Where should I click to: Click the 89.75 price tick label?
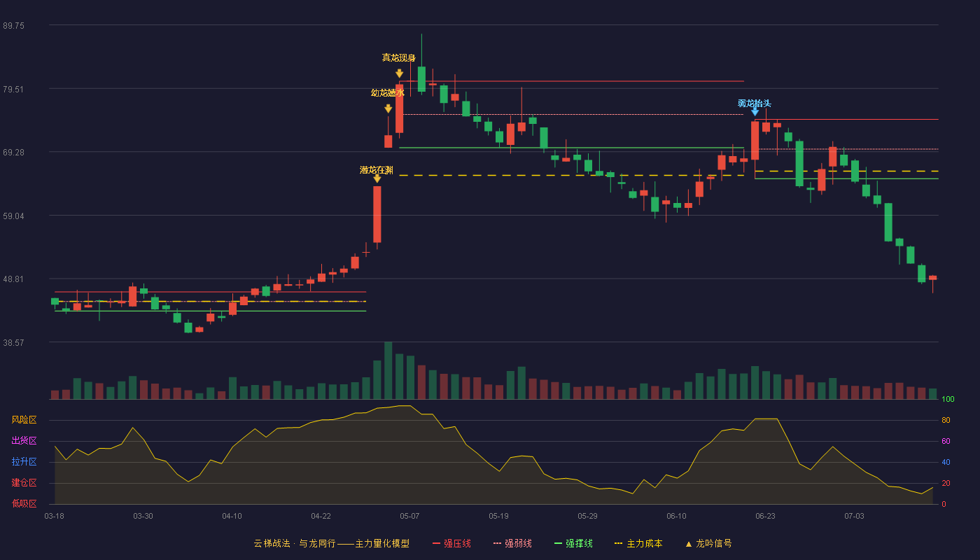(x=13, y=26)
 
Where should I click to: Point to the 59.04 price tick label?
(x=13, y=216)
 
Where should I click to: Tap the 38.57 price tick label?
(x=13, y=343)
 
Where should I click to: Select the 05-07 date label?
(x=409, y=517)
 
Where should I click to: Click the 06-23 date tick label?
(x=765, y=517)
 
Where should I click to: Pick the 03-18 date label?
(x=55, y=517)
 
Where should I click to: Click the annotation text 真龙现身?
(x=398, y=57)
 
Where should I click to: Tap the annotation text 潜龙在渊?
(x=377, y=170)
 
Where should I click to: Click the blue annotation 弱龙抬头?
(x=755, y=104)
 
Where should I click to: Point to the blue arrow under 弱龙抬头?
(x=755, y=112)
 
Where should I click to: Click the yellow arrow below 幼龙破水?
(x=388, y=108)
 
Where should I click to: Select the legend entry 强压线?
(x=452, y=543)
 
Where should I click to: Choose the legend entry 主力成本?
(x=638, y=543)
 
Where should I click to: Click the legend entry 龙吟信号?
(x=708, y=543)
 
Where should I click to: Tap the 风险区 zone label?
(x=24, y=420)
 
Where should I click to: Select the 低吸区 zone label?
(x=24, y=504)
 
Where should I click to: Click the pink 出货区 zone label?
(x=24, y=440)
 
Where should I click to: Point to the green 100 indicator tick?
(x=948, y=399)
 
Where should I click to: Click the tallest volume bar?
(x=388, y=370)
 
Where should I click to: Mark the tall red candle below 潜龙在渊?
(x=377, y=214)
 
